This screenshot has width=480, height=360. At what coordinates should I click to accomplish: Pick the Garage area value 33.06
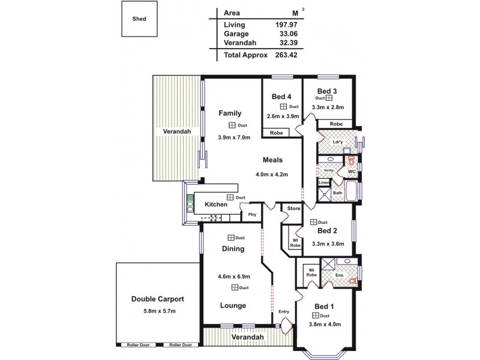click(287, 34)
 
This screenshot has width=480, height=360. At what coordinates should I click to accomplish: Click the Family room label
click(230, 113)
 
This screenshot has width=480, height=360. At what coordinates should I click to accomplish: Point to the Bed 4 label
click(282, 97)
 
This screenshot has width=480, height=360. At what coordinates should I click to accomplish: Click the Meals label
click(272, 160)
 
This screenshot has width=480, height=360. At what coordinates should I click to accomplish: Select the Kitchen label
click(216, 205)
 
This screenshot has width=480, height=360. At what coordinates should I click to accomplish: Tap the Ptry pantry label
click(252, 214)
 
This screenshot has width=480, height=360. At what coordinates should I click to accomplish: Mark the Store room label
click(293, 209)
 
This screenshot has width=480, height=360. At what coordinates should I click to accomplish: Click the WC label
click(352, 172)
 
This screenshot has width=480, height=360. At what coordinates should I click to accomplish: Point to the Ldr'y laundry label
click(338, 142)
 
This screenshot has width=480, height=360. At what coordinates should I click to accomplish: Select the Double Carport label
click(158, 299)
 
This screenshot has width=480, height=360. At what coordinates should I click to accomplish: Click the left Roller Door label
click(137, 345)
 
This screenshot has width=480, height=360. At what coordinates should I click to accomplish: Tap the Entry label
click(284, 311)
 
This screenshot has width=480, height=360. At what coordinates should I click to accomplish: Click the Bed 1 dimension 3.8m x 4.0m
click(324, 325)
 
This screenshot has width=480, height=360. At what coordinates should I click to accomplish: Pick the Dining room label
click(233, 249)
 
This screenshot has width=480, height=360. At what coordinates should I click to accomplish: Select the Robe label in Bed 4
click(277, 133)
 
